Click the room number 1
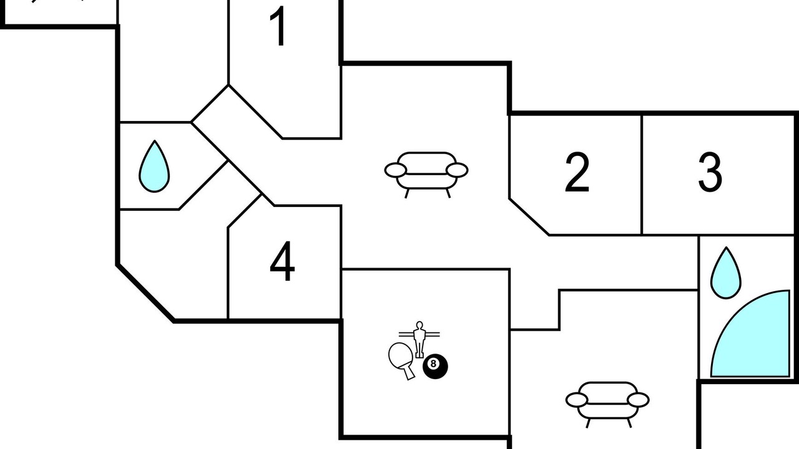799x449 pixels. pyautogui.click(x=278, y=26)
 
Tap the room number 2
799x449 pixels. pyautogui.click(x=577, y=173)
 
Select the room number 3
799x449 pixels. pyautogui.click(x=710, y=173)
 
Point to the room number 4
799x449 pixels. pyautogui.click(x=282, y=261)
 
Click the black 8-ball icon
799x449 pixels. pyautogui.click(x=435, y=366)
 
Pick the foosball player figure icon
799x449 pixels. pyautogui.click(x=419, y=340)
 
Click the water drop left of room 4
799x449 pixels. pyautogui.click(x=154, y=167)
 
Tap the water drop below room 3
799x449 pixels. pyautogui.click(x=726, y=273)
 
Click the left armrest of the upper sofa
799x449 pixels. pyautogui.click(x=395, y=170)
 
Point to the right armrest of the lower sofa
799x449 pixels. pyautogui.click(x=638, y=400)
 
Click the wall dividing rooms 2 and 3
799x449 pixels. pyautogui.click(x=642, y=175)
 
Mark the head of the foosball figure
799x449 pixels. pyautogui.click(x=419, y=325)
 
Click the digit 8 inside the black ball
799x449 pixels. pyautogui.click(x=433, y=364)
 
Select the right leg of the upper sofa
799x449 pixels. pyautogui.click(x=448, y=193)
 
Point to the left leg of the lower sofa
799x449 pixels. pyautogui.click(x=588, y=423)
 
